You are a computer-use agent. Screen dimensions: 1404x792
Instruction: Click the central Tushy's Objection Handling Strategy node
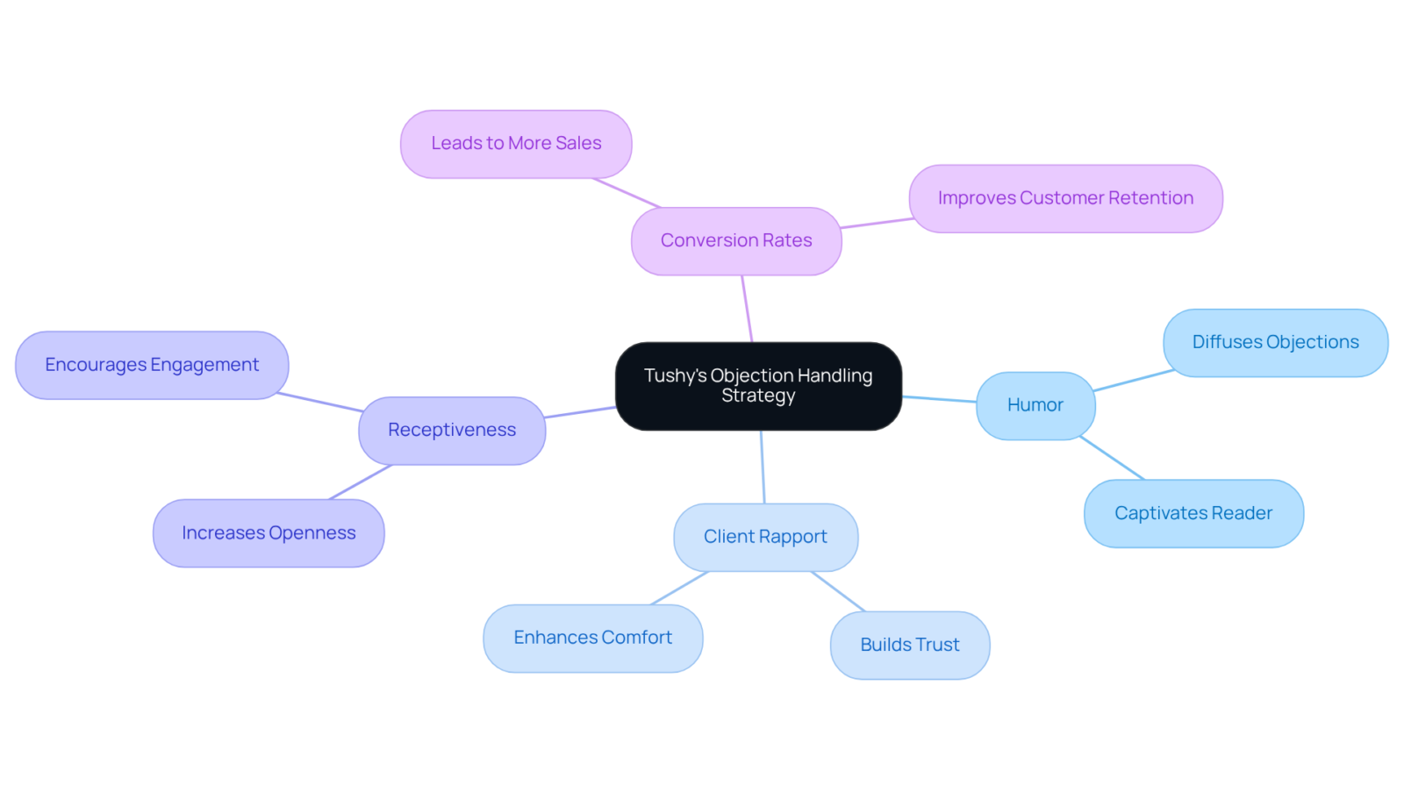click(758, 386)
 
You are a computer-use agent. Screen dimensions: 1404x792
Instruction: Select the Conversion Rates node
click(736, 241)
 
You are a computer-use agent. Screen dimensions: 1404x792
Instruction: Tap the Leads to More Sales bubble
click(516, 144)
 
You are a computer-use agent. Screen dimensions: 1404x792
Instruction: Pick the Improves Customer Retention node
click(1065, 198)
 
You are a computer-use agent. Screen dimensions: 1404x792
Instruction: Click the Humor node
click(1035, 406)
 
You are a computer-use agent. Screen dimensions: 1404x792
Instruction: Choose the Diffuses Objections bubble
click(1276, 343)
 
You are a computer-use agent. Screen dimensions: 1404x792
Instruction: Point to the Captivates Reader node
click(1193, 514)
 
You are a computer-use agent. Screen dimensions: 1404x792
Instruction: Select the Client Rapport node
click(765, 537)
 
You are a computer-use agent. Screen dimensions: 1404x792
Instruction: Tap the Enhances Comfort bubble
click(593, 639)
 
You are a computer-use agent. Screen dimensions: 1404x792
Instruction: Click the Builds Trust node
click(910, 646)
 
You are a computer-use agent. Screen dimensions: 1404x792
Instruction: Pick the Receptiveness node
click(452, 431)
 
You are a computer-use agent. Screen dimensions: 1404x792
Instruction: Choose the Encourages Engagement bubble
click(152, 365)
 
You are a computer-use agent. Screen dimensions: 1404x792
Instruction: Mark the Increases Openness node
click(269, 533)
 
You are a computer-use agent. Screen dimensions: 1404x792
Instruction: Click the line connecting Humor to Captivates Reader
click(1113, 459)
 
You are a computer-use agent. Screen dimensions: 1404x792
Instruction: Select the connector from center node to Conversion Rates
click(747, 309)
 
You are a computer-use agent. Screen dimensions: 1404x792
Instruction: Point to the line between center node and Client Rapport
click(763, 467)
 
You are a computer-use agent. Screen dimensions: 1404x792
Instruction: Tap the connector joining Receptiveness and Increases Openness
click(360, 482)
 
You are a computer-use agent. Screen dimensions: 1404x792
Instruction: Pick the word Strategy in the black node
click(758, 396)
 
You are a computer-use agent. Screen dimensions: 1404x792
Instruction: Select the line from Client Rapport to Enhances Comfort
click(679, 589)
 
